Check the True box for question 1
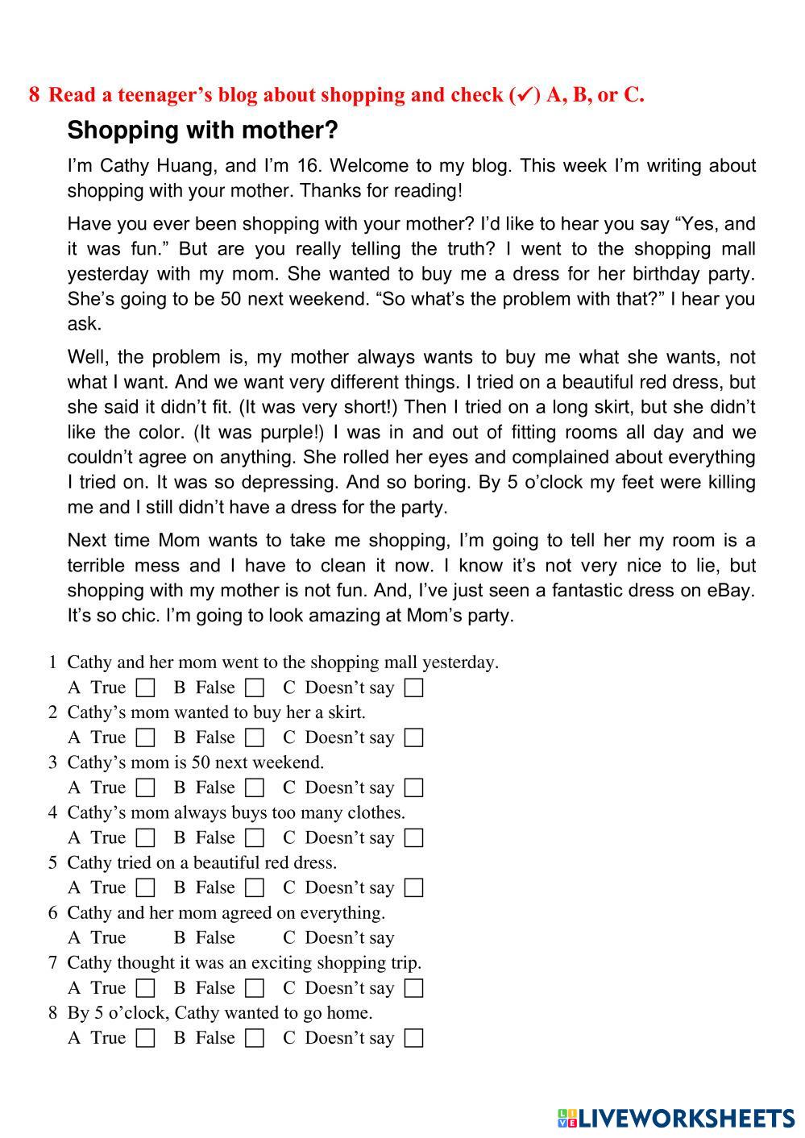146,688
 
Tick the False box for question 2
255,738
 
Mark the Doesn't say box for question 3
413,788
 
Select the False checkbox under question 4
255,838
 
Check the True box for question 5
146,888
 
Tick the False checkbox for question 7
255,988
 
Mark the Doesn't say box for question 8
413,1038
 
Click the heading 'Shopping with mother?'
202,131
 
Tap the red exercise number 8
34,95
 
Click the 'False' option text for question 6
215,938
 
